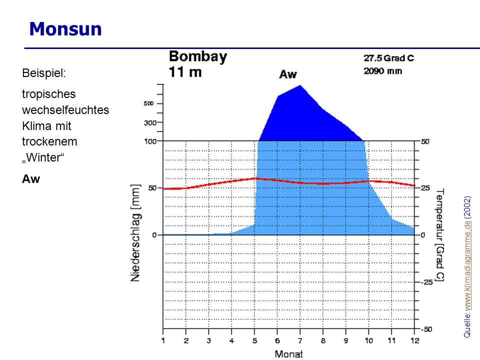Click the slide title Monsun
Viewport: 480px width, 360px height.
point(65,29)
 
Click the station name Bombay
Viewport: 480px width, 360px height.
point(198,56)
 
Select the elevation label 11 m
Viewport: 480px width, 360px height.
point(185,72)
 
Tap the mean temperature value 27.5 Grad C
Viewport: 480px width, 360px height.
point(389,58)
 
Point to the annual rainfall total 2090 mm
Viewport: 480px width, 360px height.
point(382,71)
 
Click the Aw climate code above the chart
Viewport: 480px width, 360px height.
point(288,74)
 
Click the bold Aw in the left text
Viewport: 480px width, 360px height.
point(31,179)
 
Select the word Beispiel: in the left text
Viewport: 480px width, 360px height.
point(44,73)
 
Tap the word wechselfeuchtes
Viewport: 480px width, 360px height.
point(65,110)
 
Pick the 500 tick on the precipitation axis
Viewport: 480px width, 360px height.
point(149,103)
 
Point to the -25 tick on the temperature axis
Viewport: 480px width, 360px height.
point(426,282)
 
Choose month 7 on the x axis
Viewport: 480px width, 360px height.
point(300,340)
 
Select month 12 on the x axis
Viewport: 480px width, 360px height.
point(415,340)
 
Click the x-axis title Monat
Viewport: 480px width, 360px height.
point(288,354)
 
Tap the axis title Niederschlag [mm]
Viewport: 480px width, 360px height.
point(135,233)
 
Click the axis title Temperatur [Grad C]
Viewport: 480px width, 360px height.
point(439,235)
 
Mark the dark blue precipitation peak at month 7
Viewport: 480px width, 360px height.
point(300,85)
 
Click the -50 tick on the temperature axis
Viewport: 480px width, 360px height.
point(426,329)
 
